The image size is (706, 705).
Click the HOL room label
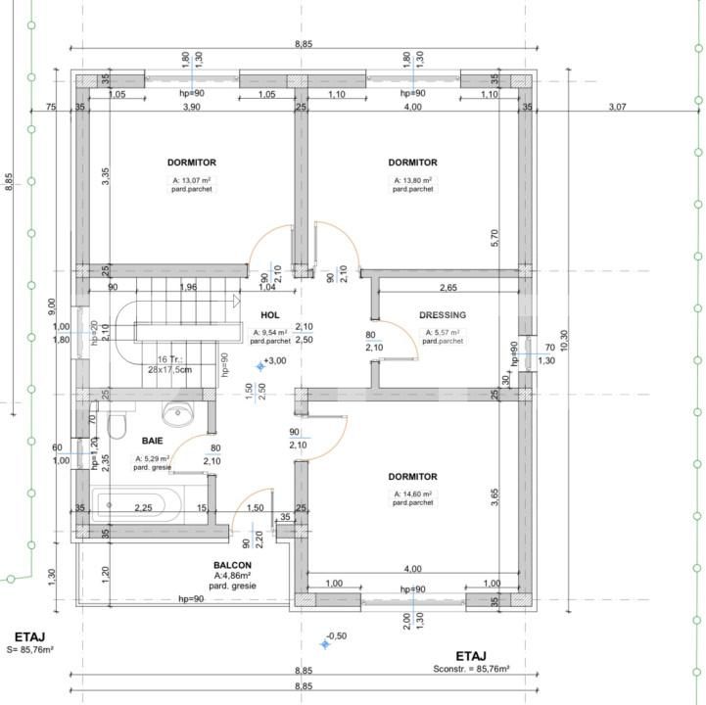[269, 315]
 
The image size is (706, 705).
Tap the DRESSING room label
[442, 315]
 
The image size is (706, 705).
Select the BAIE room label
[152, 441]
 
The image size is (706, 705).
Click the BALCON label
[232, 566]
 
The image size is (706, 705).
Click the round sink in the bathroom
[180, 415]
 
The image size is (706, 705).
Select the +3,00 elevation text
[276, 361]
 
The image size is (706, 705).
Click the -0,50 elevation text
[337, 636]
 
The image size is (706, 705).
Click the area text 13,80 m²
[412, 181]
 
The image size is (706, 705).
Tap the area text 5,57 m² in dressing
[443, 333]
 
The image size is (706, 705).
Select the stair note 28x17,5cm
[170, 370]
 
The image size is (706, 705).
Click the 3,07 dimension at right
[616, 107]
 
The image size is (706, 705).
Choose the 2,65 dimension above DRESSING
[447, 288]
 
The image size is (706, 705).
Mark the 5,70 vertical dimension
[496, 236]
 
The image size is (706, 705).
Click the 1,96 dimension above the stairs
[188, 287]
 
